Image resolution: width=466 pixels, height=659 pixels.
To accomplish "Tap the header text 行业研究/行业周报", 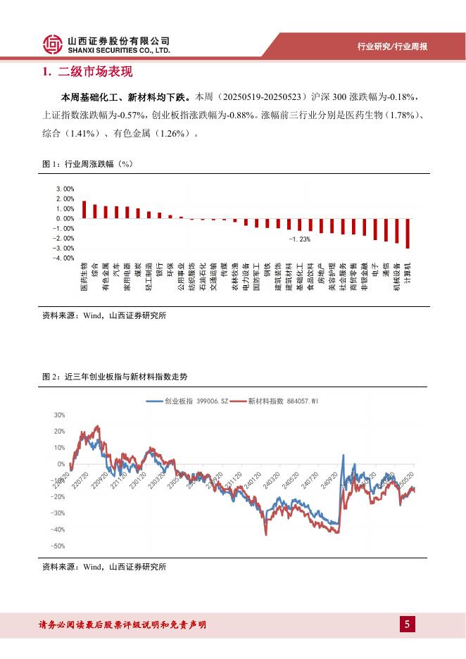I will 392,46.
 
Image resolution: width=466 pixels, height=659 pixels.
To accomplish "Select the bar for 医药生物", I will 84,210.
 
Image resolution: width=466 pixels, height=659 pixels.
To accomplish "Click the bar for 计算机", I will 408,233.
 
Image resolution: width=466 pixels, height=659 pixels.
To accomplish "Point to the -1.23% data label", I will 298,239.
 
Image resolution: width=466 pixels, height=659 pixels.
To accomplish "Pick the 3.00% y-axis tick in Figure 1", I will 65,189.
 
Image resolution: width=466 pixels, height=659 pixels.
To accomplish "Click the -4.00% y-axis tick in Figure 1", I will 65,258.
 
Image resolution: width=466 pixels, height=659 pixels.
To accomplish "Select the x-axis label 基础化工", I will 299,278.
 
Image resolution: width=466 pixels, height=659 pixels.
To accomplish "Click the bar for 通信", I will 386,230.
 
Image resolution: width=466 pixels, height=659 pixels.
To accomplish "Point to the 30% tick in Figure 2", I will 58,415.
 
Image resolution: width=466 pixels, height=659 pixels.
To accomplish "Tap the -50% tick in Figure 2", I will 58,546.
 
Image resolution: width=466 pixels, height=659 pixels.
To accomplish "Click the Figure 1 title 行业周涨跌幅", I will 90,164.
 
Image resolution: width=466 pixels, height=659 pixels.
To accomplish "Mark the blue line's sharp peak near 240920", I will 343,456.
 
